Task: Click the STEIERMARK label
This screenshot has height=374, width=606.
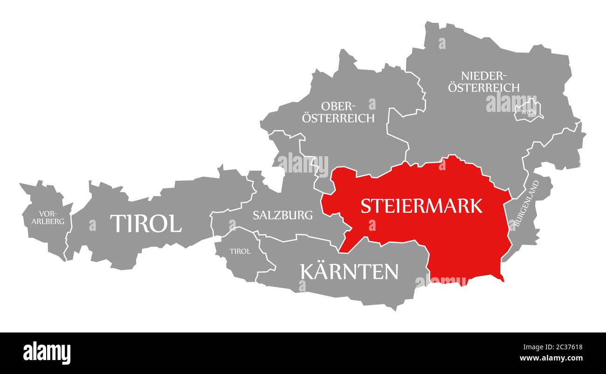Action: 421,206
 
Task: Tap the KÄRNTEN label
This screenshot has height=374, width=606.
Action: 349,271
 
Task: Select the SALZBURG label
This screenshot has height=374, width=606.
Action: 282,215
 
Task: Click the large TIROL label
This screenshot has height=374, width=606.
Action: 145,224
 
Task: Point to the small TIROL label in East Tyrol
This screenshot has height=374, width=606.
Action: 240,251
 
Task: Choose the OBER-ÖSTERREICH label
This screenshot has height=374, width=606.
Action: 338,112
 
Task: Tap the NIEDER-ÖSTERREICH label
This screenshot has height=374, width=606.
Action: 484,82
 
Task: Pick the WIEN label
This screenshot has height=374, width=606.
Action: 528,112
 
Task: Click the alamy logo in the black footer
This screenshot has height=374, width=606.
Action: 47,353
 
